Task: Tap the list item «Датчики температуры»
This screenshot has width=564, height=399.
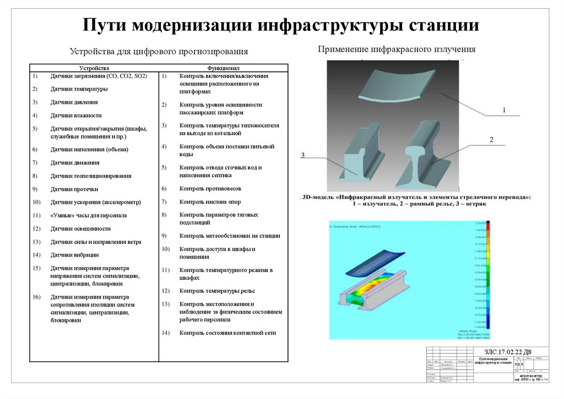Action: click(79, 89)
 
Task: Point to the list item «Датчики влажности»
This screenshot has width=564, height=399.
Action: click(76, 115)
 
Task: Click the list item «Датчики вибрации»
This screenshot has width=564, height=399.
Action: click(75, 255)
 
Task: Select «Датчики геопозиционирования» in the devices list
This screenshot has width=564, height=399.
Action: click(91, 176)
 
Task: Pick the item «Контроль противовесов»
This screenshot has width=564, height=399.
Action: click(210, 189)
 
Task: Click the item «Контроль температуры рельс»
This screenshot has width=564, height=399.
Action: click(217, 291)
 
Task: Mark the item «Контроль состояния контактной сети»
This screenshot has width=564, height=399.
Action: click(227, 333)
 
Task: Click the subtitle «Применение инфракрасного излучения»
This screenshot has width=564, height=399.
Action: click(396, 50)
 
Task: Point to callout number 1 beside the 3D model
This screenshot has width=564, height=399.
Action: click(503, 111)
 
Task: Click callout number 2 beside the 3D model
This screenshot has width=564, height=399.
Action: click(491, 140)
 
